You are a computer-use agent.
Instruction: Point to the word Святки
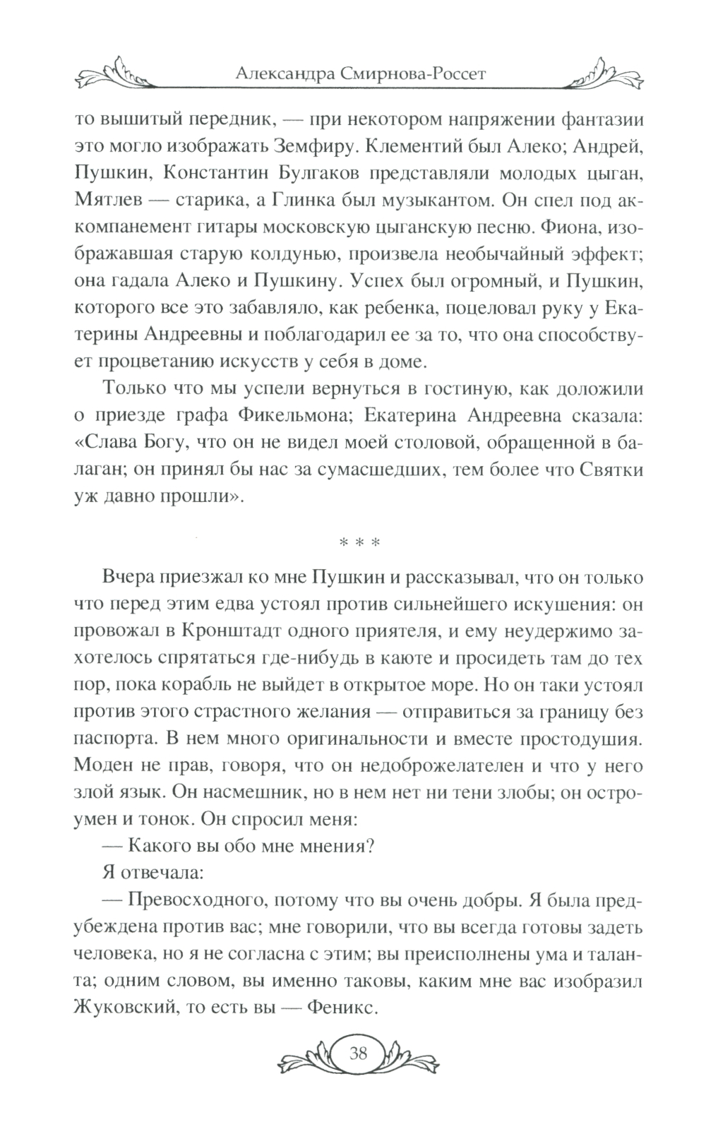(604, 468)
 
